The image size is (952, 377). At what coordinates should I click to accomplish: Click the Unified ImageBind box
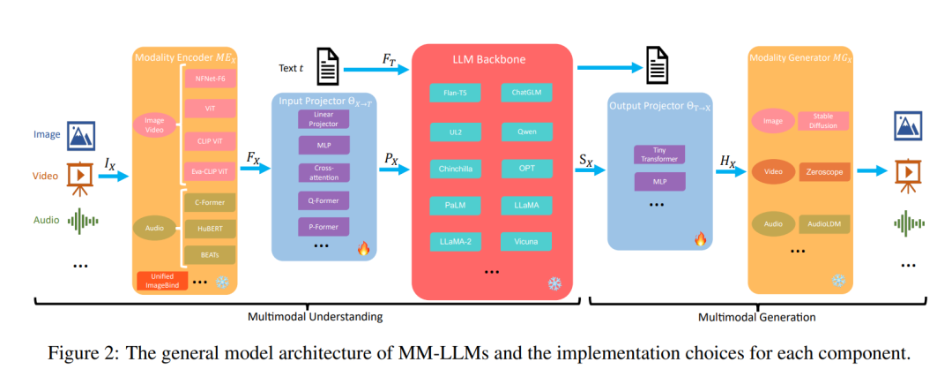click(x=163, y=280)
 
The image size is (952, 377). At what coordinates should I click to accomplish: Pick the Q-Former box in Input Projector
click(x=324, y=200)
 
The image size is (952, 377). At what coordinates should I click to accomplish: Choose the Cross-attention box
click(x=324, y=172)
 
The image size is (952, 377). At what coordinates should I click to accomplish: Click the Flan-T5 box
click(x=455, y=93)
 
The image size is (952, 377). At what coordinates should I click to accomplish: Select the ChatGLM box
click(x=526, y=93)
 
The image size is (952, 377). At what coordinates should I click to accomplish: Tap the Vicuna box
click(x=526, y=241)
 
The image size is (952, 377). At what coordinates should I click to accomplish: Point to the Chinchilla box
click(x=455, y=168)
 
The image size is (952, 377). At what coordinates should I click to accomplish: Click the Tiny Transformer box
click(x=659, y=155)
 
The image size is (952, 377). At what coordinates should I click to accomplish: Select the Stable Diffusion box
click(x=822, y=121)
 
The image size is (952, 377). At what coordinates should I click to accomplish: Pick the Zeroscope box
click(x=824, y=173)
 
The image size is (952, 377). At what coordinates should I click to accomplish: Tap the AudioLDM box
click(x=824, y=224)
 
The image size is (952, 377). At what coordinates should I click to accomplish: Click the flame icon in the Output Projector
click(x=700, y=239)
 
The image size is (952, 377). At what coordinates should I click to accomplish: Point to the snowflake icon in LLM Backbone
click(x=554, y=283)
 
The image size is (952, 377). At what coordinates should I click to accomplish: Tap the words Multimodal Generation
click(x=756, y=317)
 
